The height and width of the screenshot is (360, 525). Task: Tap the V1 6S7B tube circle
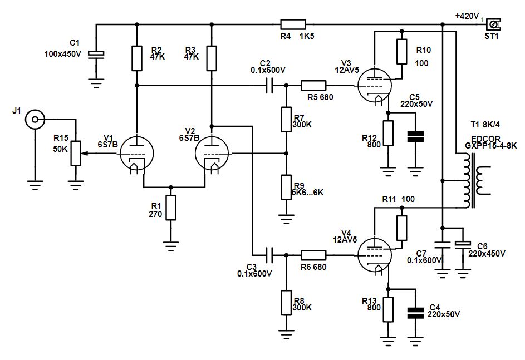click(137, 152)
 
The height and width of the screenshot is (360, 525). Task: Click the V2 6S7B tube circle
click(212, 152)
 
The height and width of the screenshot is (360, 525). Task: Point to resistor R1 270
click(171, 208)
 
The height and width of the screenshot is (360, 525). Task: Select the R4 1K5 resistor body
click(293, 24)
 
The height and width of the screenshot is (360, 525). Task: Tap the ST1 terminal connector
click(493, 24)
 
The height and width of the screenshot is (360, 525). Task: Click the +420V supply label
click(467, 16)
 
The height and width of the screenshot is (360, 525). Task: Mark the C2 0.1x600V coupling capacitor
click(270, 86)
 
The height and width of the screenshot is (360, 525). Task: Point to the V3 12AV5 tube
click(374, 87)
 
